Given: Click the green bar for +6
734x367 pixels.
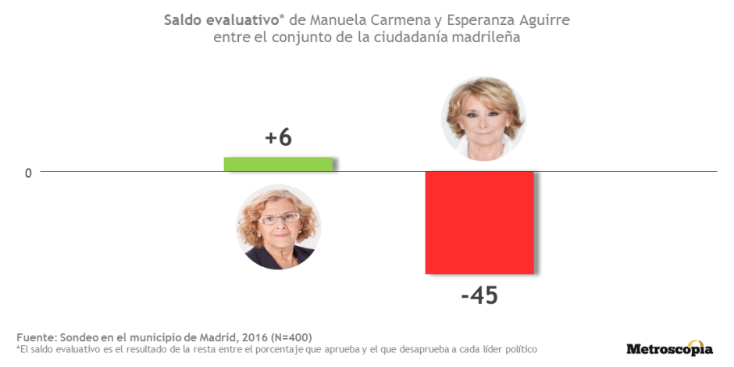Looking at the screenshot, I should pyautogui.click(x=279, y=164).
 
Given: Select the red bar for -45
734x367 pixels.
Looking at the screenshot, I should pyautogui.click(x=479, y=223).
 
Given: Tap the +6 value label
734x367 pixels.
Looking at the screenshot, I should pyautogui.click(x=278, y=138).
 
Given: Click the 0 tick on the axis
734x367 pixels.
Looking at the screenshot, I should pyautogui.click(x=28, y=173).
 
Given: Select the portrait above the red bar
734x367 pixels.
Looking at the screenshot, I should pyautogui.click(x=483, y=119).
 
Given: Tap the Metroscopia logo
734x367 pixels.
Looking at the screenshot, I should pyautogui.click(x=669, y=349).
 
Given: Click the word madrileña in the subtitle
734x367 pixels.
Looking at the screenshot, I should pyautogui.click(x=481, y=37).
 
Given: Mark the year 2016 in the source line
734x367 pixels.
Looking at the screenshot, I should pyautogui.click(x=253, y=337).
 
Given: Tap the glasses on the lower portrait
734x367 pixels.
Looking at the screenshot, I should pyautogui.click(x=278, y=219).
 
